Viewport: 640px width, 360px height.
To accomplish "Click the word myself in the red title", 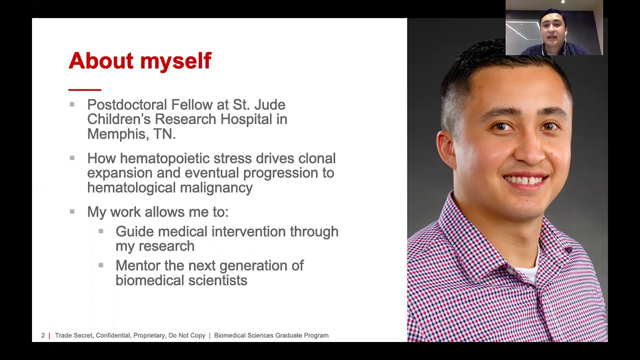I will [175, 61].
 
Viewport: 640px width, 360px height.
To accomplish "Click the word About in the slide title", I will [101, 61].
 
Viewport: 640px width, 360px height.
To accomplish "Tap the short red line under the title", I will [84, 89].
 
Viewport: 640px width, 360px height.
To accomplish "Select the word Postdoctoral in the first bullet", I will [127, 105].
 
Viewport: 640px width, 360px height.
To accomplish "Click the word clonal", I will [316, 158].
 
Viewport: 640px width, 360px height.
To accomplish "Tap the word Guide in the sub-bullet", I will [135, 231].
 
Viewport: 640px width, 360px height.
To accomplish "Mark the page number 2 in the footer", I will [43, 335].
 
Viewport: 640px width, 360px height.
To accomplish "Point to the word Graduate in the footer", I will [288, 335].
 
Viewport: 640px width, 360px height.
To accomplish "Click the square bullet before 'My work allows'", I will [72, 211].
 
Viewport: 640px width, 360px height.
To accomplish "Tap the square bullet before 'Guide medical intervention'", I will [101, 231].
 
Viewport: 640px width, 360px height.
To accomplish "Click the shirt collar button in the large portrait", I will [568, 248].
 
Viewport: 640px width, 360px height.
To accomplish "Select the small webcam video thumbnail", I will [554, 27].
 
